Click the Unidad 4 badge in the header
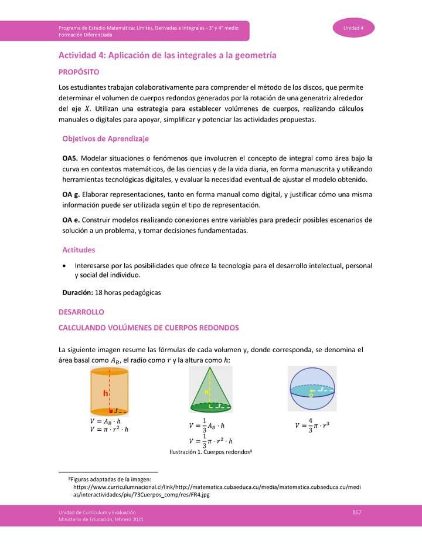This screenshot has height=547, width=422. click(x=353, y=28)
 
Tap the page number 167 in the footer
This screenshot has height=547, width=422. click(x=356, y=512)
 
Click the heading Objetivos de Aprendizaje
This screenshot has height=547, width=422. click(x=105, y=139)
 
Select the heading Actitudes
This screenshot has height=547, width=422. click(x=79, y=250)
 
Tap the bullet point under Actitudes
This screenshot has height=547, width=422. click(x=64, y=266)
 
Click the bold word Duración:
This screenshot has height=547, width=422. click(x=77, y=292)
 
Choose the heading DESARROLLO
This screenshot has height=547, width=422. click(x=81, y=312)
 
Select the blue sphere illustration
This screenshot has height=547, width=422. click(x=312, y=389)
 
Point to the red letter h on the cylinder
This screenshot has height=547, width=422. click(x=105, y=394)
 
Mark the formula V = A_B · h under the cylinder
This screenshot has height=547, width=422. click(x=105, y=421)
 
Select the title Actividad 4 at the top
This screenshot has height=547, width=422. click(x=167, y=55)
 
